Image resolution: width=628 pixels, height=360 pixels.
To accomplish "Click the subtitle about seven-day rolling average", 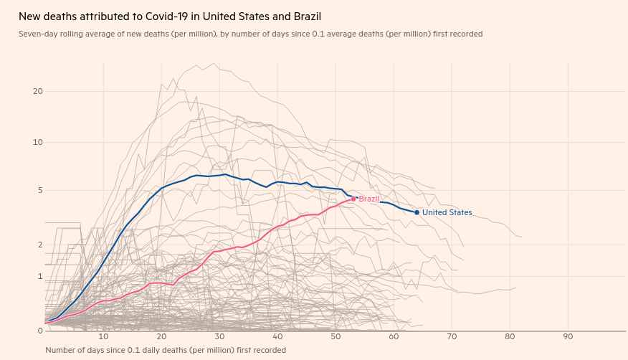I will [250, 34].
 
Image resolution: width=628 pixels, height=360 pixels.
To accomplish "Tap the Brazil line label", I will [368, 199].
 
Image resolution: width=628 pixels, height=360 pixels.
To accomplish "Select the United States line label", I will [447, 212].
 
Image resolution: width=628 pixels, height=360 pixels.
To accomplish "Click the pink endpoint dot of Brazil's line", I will [353, 199].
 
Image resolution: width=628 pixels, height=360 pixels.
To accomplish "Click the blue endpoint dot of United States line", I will [417, 212].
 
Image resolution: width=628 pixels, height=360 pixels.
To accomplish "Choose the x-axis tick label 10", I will [103, 336].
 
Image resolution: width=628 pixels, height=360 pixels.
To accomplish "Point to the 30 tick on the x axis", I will [219, 336].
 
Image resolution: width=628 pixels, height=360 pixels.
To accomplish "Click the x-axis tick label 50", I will [336, 336].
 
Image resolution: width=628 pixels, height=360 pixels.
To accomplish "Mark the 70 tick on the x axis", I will [452, 336].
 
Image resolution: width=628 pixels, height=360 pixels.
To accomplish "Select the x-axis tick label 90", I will [568, 336].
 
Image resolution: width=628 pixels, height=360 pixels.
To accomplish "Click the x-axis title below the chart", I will [165, 350].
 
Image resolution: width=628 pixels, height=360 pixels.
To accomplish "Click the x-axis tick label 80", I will [510, 336].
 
